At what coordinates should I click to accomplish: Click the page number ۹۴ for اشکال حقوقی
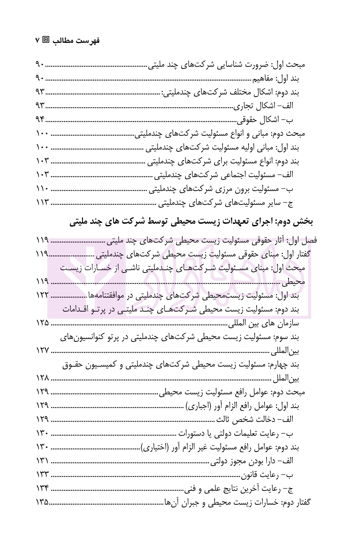40,120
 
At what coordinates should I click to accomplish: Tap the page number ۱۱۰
42,189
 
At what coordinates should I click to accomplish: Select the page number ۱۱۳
42,202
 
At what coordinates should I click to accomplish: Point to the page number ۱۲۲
42,295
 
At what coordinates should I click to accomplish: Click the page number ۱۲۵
42,323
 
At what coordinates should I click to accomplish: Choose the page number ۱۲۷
42,350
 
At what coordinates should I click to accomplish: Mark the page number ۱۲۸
42,378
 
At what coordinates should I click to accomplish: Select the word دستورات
191,433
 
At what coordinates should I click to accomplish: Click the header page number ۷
37,40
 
